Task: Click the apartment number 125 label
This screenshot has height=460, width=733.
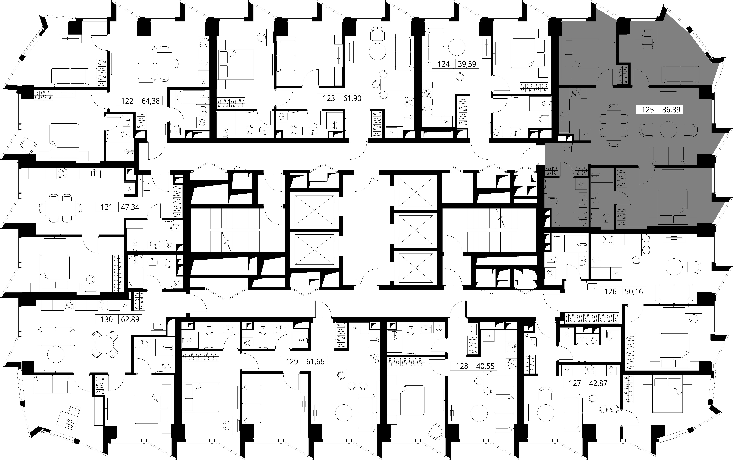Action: [x=648, y=110]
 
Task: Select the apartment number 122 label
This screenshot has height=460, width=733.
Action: [x=127, y=101]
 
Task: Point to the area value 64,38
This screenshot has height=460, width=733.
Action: [x=151, y=101]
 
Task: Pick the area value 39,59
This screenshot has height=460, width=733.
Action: [x=467, y=64]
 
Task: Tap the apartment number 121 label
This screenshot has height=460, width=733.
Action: [x=107, y=207]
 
